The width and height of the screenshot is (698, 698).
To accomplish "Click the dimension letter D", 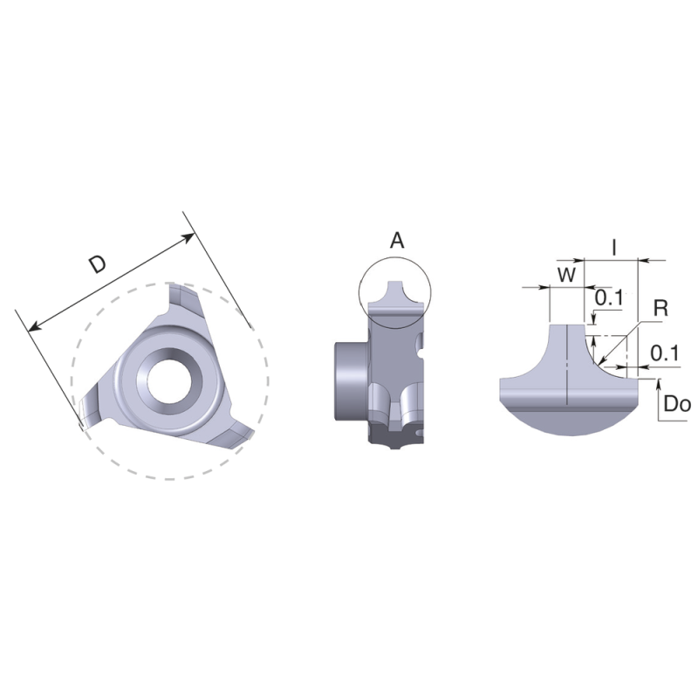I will (98, 265).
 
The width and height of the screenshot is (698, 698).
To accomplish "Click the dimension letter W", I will (566, 275).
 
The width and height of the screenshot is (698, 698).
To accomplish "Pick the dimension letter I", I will (614, 247).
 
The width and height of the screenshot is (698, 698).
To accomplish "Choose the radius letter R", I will (660, 308).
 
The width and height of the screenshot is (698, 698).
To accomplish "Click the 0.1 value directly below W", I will (608, 298).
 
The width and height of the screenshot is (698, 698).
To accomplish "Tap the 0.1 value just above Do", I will (665, 353).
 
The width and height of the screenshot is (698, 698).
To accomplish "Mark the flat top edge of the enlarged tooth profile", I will (567, 325).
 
